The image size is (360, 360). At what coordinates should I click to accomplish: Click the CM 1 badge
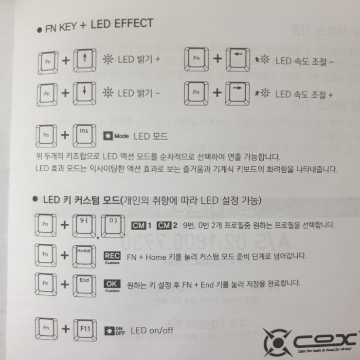(x=142, y=225)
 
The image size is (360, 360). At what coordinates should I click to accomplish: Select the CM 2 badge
(x=168, y=225)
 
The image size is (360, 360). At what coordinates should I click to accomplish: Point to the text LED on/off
(x=152, y=330)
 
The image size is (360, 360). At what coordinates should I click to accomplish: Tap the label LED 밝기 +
(x=139, y=61)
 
